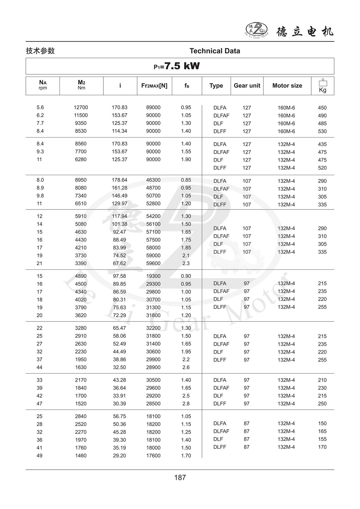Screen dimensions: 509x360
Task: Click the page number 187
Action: click(180, 477)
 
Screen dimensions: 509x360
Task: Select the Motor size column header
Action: click(287, 85)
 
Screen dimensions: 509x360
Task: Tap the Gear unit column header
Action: click(247, 85)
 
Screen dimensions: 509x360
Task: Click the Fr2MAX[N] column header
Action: click(154, 85)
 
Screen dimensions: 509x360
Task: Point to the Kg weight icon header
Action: click(322, 86)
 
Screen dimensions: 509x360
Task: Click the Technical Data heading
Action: click(215, 51)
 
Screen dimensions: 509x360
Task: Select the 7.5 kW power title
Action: click(177, 66)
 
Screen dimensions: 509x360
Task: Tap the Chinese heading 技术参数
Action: click(40, 51)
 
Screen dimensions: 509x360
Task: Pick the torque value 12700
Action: click(81, 107)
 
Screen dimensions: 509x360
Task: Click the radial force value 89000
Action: click(153, 107)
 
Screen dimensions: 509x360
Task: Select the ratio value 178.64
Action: click(119, 180)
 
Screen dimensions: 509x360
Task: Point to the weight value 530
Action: click(322, 131)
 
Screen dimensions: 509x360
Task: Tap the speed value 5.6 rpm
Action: click(40, 107)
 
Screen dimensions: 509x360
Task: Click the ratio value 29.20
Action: click(119, 456)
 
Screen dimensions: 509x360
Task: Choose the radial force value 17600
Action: click(153, 456)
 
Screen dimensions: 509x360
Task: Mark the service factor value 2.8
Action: click(186, 404)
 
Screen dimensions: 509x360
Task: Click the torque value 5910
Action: click(81, 216)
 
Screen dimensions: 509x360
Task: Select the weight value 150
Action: click(322, 424)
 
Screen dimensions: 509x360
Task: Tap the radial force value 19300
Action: click(153, 276)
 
